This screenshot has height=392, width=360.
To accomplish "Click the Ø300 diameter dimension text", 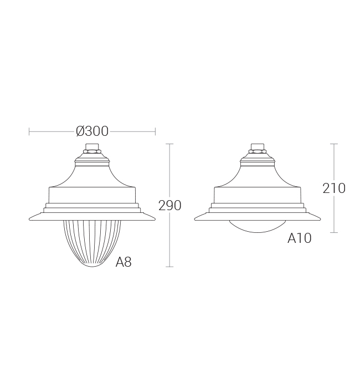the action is pyautogui.click(x=92, y=131).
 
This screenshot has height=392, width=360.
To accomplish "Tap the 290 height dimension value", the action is pyautogui.click(x=170, y=206).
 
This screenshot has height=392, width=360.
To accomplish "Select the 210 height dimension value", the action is pyautogui.click(x=334, y=189).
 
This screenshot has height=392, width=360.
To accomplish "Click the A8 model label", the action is pyautogui.click(x=124, y=262).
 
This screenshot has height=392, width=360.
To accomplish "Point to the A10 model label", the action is pyautogui.click(x=299, y=238).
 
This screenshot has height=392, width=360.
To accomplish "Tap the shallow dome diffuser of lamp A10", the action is pyautogui.click(x=258, y=227).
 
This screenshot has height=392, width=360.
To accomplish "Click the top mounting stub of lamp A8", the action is pyautogui.click(x=92, y=146).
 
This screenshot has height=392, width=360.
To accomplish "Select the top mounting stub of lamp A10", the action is pyautogui.click(x=258, y=146).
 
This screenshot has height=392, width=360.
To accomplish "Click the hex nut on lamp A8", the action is pyautogui.click(x=92, y=151).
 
